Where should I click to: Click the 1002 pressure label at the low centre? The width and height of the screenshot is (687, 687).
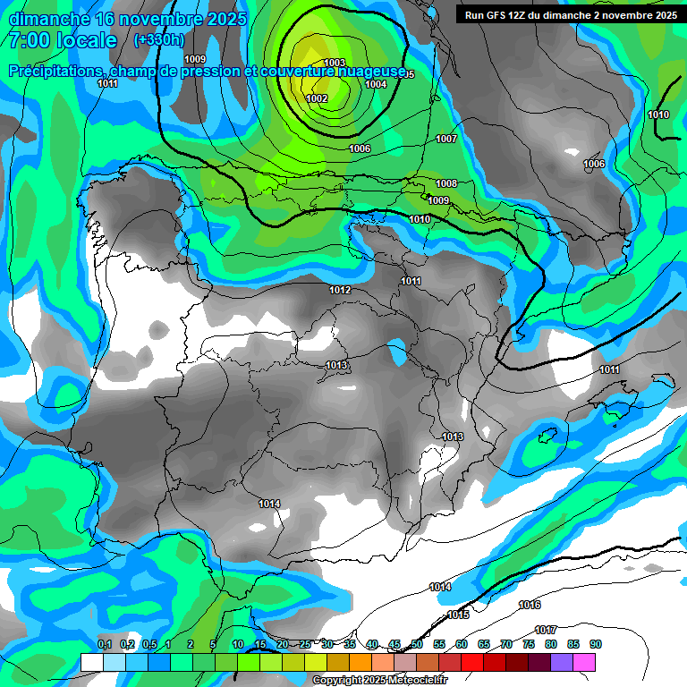[317, 98]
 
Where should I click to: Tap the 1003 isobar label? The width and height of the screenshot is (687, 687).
[334, 62]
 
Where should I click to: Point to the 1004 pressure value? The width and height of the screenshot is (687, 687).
[376, 84]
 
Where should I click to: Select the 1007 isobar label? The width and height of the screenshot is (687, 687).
[446, 139]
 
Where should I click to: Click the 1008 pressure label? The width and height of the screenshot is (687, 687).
[446, 183]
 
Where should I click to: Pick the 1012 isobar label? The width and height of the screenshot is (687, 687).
[340, 290]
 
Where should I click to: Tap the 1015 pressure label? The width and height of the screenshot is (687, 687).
[458, 615]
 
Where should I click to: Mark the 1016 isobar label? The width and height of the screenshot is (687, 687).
[530, 605]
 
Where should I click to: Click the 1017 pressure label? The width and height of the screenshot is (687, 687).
[546, 630]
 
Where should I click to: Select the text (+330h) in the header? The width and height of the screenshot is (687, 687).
[158, 40]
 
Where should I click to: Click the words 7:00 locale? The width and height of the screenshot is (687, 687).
[63, 40]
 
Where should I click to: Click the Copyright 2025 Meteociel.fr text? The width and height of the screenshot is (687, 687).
[379, 681]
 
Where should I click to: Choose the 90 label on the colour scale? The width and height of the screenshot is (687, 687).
[596, 644]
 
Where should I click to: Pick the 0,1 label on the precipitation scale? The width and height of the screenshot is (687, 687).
[104, 644]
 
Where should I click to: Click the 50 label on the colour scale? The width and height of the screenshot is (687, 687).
[417, 644]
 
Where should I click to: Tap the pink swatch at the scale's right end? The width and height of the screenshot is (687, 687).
[584, 662]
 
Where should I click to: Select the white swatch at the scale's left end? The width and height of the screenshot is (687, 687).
[91, 662]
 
